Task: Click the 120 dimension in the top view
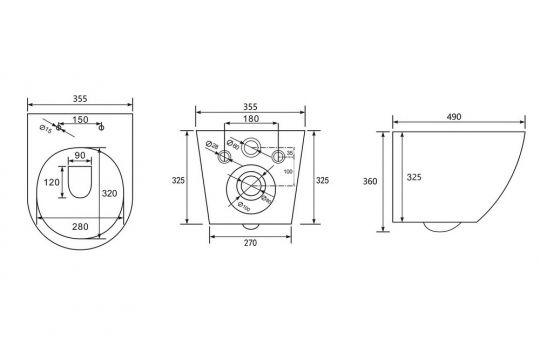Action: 52,182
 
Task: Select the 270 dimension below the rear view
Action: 250,242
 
